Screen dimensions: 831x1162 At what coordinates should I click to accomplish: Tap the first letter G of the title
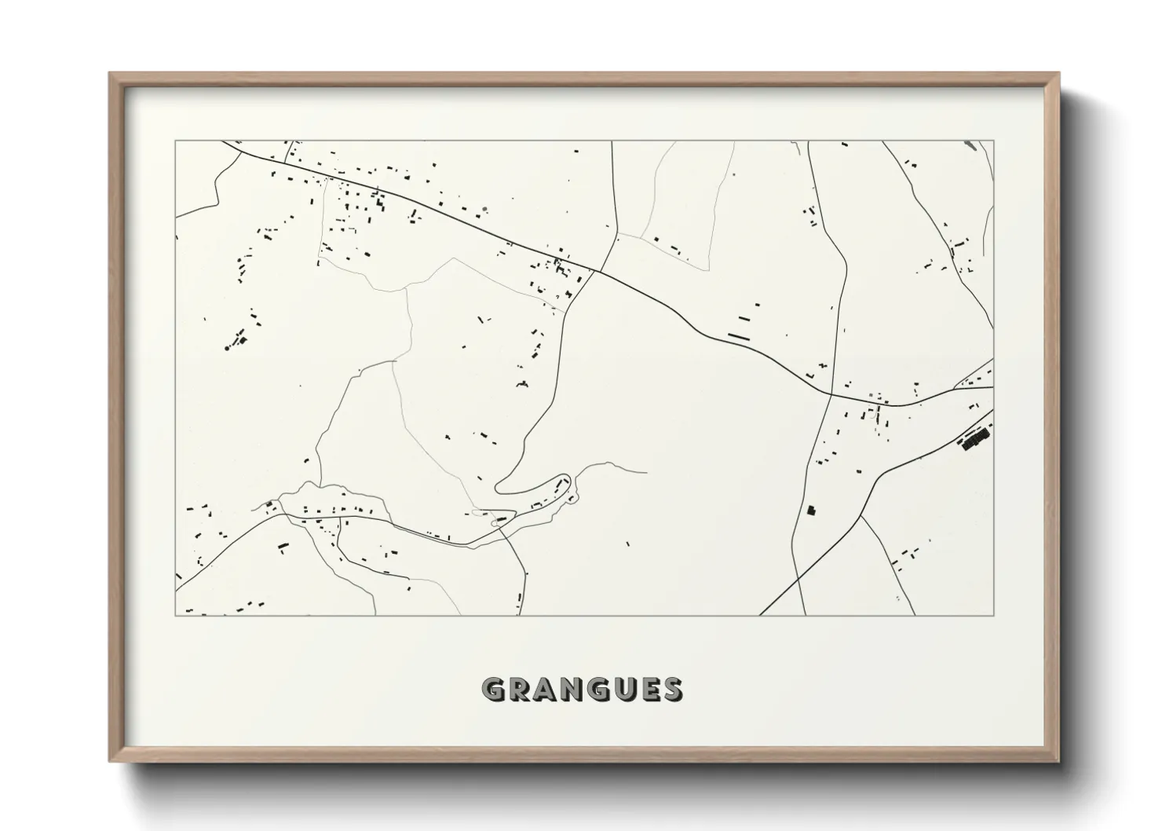click(495, 690)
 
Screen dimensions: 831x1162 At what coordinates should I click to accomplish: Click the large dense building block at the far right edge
click(975, 438)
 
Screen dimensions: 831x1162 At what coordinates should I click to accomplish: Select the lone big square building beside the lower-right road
click(812, 511)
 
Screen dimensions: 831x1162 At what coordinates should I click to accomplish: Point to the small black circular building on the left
click(227, 346)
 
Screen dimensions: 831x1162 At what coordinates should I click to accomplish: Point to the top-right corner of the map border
click(993, 141)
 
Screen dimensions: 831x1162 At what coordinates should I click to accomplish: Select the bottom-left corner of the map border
click(176, 615)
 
